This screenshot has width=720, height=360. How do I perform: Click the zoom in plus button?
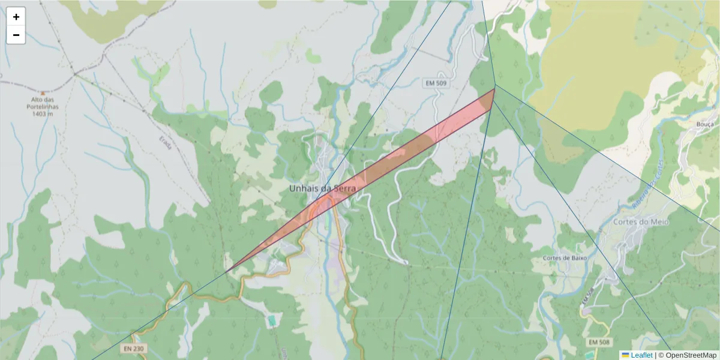click(x=16, y=17)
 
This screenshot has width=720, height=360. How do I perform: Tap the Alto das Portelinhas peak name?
click(x=41, y=103)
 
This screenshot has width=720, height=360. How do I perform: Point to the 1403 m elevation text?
click(x=43, y=113)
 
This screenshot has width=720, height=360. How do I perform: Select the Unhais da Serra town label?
click(x=322, y=188)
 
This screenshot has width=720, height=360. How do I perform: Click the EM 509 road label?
click(x=436, y=83)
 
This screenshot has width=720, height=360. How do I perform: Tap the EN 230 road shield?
click(x=134, y=348)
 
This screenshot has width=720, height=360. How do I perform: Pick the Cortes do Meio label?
click(x=641, y=221)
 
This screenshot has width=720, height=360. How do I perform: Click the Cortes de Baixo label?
click(x=564, y=258)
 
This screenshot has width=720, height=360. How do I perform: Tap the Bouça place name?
click(x=706, y=124)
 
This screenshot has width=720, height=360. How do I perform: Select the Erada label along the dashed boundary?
click(x=165, y=142)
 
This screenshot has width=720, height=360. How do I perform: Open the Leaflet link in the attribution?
click(x=641, y=355)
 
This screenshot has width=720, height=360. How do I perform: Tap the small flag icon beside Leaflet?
click(x=625, y=355)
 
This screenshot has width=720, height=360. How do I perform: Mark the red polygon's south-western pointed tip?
click(x=227, y=272)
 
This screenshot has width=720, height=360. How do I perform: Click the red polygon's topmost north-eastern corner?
click(x=495, y=89)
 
